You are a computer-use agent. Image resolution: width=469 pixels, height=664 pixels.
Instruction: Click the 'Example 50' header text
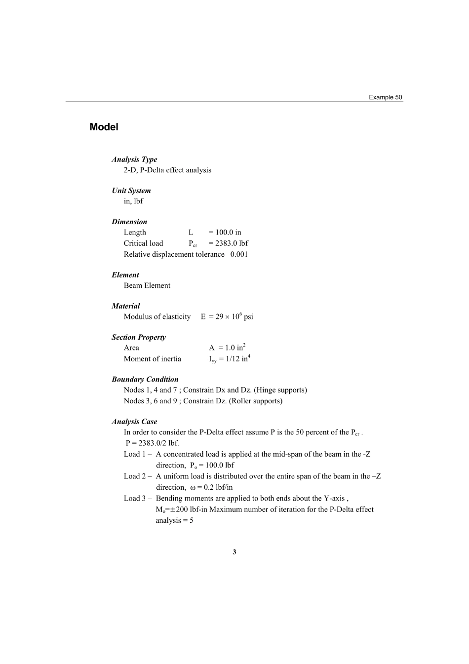pos(386,97)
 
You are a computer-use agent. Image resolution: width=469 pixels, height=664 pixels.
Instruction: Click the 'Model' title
pos(104,127)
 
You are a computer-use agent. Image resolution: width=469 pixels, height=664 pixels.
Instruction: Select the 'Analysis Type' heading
pos(134,159)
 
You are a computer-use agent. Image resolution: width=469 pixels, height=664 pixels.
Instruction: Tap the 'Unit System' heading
pos(131,191)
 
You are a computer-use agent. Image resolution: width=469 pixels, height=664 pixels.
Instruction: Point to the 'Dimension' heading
pos(129,222)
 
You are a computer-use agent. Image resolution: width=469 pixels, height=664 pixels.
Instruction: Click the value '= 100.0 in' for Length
pos(225,233)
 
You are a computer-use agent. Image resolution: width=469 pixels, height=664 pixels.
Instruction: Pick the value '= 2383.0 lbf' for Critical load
pos(228,243)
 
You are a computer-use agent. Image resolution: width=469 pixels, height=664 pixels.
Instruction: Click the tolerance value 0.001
pos(239,254)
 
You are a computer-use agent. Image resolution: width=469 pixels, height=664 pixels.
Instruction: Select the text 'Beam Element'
pos(147,285)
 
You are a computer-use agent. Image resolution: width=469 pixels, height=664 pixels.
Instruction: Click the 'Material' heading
pos(126,306)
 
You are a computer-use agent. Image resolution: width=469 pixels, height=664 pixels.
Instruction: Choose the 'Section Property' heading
pos(139,337)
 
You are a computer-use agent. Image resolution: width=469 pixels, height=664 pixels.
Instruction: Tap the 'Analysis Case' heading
pos(134,422)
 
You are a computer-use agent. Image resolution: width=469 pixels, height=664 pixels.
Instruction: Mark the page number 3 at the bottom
pos(234,552)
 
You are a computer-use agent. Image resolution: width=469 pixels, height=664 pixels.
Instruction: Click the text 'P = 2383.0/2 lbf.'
pos(152,443)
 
